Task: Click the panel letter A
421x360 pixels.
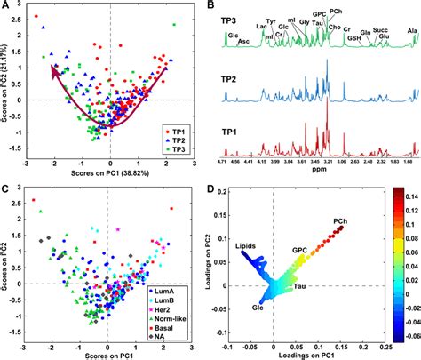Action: pyautogui.click(x=6, y=7)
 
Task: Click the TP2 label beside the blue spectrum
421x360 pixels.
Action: pyautogui.click(x=233, y=77)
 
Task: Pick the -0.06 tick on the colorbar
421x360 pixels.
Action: pyautogui.click(x=404, y=337)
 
